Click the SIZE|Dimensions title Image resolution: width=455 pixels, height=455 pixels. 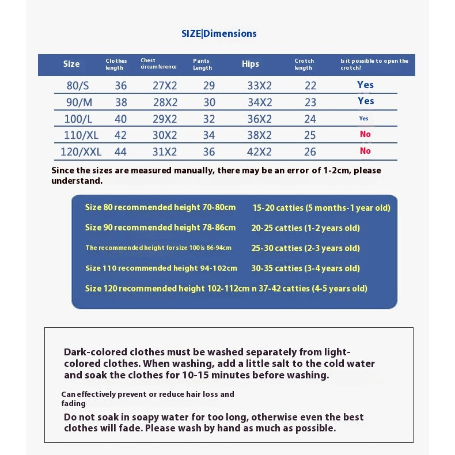pyautogui.click(x=219, y=33)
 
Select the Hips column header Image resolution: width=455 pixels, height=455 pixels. pyautogui.click(x=251, y=64)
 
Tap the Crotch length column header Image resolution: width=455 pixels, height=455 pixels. pyautogui.click(x=304, y=64)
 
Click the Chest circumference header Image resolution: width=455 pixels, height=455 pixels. pyautogui.click(x=158, y=63)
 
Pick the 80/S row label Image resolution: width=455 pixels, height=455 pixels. pyautogui.click(x=78, y=86)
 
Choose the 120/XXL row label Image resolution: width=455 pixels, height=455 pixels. pyautogui.click(x=81, y=152)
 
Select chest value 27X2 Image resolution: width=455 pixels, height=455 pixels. pyautogui.click(x=165, y=86)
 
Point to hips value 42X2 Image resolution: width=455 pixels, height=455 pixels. pyautogui.click(x=259, y=152)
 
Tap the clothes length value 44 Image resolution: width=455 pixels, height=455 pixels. pyautogui.click(x=121, y=152)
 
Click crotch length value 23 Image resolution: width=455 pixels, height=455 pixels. pyautogui.click(x=310, y=103)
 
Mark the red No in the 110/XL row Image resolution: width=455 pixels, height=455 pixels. pyautogui.click(x=365, y=134)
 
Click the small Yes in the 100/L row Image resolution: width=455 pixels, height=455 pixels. pyautogui.click(x=363, y=119)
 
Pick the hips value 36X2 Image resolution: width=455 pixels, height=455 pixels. pyautogui.click(x=259, y=119)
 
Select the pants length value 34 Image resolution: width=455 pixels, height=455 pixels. pyautogui.click(x=209, y=136)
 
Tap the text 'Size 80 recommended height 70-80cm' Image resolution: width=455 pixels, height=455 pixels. pyautogui.click(x=160, y=207)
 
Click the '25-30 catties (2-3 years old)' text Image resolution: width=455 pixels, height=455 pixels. pyautogui.click(x=305, y=248)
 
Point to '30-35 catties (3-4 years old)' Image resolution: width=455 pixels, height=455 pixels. pyautogui.click(x=305, y=268)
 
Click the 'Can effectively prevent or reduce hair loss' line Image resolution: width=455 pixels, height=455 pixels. pyautogui.click(x=147, y=394)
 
